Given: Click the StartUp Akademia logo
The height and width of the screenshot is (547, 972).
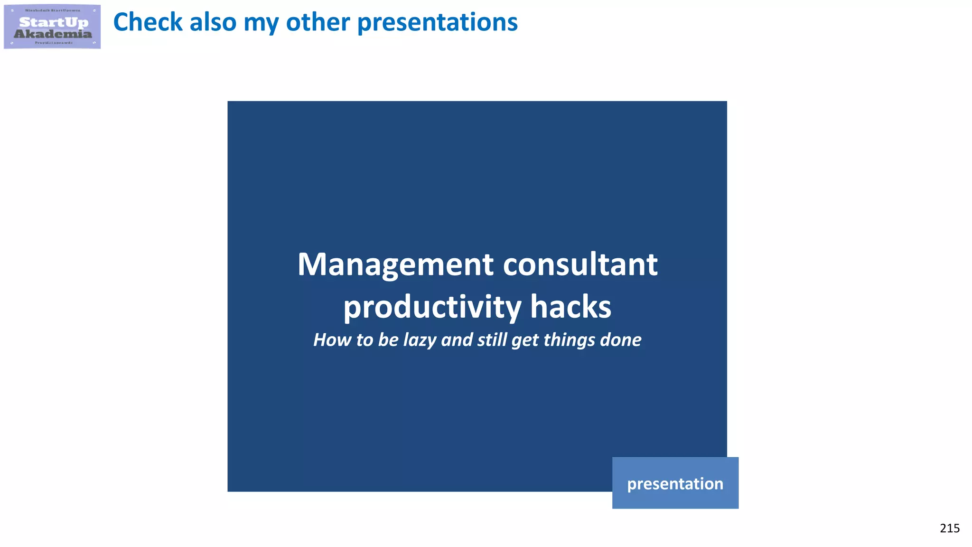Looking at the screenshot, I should click(x=52, y=27).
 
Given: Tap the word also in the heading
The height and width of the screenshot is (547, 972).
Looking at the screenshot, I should click(x=213, y=22).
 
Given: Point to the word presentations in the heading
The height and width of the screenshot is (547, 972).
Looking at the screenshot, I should click(x=437, y=22).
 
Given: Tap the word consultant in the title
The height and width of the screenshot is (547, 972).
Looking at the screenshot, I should click(x=580, y=264).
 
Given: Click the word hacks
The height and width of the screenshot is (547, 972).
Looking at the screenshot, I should click(x=570, y=307).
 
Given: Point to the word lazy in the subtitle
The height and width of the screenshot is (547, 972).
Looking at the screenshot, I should click(x=420, y=340).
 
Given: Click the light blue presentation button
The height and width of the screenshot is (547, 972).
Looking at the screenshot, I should click(x=675, y=483).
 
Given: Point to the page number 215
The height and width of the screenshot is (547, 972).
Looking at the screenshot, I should click(x=949, y=528).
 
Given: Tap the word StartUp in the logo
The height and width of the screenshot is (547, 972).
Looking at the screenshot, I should click(x=54, y=22).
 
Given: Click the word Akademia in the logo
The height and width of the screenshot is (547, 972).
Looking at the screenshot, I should click(x=53, y=34).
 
